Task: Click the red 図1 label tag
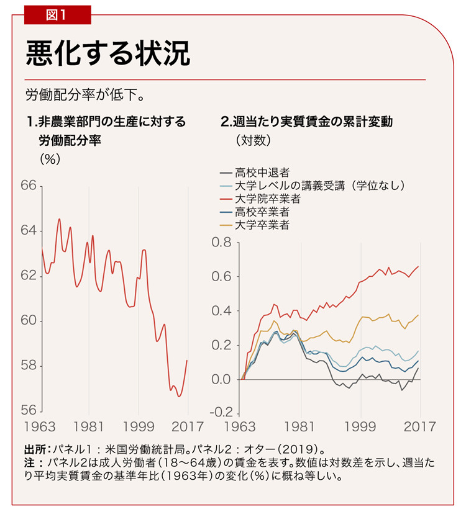57,14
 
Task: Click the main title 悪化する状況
107,55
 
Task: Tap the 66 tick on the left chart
29,186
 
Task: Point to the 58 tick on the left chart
29,366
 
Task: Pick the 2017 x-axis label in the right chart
419,427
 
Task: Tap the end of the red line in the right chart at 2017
419,266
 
